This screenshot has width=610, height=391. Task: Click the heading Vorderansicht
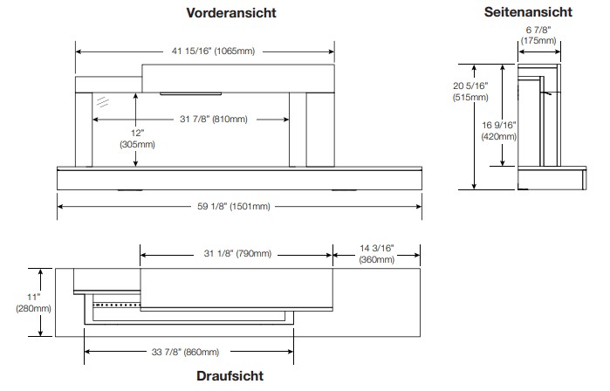pos(231,12)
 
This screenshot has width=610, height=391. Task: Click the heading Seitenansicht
pos(528,11)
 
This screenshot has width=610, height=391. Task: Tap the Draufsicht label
pos(230,376)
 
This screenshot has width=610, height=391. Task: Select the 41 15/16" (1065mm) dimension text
pos(213,51)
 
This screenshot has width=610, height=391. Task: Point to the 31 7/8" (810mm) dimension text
pos(214,119)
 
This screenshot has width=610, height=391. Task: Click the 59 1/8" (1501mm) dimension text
pos(233,206)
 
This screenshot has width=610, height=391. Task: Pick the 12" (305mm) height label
pos(137,139)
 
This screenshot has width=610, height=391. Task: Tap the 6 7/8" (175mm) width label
pos(538,35)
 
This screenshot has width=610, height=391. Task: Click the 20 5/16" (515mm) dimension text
pos(470,92)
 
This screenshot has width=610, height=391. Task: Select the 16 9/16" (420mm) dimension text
pos(499,131)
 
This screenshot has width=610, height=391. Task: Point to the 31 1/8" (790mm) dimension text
pos(237,254)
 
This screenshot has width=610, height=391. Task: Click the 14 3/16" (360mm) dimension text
pos(377,254)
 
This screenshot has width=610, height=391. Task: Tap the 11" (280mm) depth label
pos(33,303)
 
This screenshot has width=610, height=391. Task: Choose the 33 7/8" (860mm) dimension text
pos(185,352)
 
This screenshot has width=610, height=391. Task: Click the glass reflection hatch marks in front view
pos(103,101)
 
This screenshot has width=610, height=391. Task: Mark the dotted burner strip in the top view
pos(117,305)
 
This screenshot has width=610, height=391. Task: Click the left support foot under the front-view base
pos(130,190)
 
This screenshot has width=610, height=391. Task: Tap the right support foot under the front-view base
pos(344,190)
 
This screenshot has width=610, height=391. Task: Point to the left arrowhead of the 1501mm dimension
pos(60,206)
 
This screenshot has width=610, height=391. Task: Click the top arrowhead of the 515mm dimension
pos(474,68)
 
